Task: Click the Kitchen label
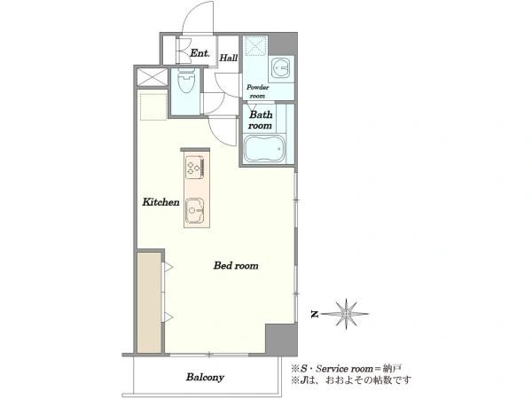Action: click(x=160, y=202)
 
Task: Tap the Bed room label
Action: click(x=236, y=265)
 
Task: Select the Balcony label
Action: click(x=205, y=377)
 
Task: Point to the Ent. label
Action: click(x=199, y=53)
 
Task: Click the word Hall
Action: click(x=229, y=58)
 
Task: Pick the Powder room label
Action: click(x=257, y=91)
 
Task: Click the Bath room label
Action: click(x=260, y=120)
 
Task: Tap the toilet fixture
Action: click(x=186, y=81)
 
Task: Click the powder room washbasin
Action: click(x=281, y=69)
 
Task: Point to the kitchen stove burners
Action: click(x=194, y=167)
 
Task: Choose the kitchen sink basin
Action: click(x=194, y=210)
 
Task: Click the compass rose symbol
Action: click(x=346, y=314)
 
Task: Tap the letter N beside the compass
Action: click(x=315, y=315)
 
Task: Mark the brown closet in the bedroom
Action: click(x=149, y=302)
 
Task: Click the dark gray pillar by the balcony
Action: click(x=281, y=340)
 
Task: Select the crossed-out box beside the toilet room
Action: click(x=152, y=77)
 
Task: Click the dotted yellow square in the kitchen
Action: click(x=153, y=106)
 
